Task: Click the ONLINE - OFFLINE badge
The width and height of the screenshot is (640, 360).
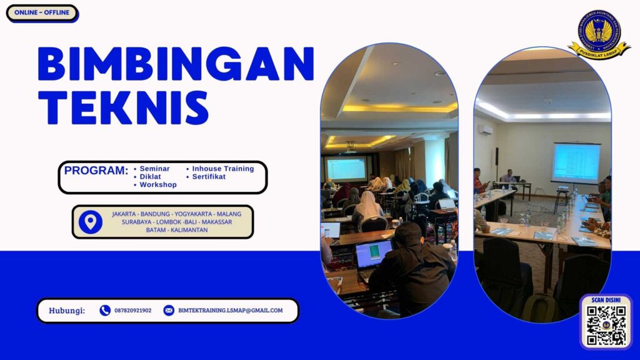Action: click(42, 13)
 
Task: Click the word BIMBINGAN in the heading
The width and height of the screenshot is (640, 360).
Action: click(176, 64)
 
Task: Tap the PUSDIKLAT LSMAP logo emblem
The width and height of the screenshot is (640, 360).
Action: click(599, 35)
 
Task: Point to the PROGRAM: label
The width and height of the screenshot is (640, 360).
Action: click(96, 171)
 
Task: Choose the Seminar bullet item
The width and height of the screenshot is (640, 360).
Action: click(154, 169)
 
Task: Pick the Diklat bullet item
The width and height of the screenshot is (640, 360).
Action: click(150, 177)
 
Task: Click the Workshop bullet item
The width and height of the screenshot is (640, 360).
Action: click(158, 185)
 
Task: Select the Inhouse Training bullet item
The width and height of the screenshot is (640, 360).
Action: click(222, 169)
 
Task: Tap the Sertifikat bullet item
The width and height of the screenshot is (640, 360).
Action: click(209, 177)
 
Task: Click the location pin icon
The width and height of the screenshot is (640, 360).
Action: click(91, 222)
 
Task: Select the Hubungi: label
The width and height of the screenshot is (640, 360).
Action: click(67, 310)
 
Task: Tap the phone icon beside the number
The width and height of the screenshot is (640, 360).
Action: click(105, 310)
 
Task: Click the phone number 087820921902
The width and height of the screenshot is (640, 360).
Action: click(132, 310)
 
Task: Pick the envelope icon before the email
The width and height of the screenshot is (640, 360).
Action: click(169, 310)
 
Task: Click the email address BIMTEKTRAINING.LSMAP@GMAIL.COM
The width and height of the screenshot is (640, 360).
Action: click(230, 310)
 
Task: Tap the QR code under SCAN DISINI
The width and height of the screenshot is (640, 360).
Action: click(606, 326)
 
